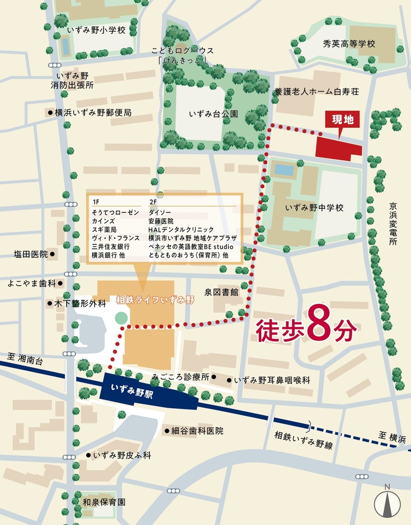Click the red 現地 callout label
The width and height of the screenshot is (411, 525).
pos(339,119)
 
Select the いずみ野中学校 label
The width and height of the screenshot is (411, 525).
pos(314,207)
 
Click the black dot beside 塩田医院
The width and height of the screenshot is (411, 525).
pos(52,254)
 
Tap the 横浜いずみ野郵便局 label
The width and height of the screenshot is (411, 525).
pos(93,112)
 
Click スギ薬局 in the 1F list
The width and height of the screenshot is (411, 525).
pos(104,230)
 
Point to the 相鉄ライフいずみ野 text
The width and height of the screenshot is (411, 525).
pos(155,300)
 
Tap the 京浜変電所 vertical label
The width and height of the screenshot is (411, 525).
pos(394,223)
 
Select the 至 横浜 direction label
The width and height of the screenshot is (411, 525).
pos(390,435)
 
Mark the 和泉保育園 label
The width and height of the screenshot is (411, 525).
pos(104,502)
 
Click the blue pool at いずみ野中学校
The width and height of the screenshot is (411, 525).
pos(284,169)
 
